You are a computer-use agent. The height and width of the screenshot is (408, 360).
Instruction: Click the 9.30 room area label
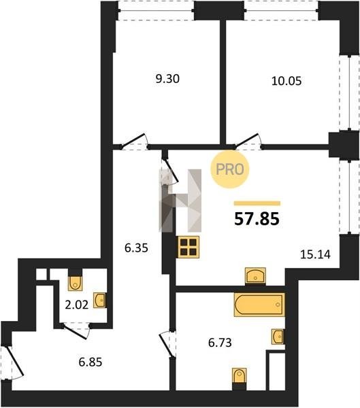pos(167,79)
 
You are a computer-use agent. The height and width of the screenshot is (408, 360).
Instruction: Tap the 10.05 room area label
pos(287,81)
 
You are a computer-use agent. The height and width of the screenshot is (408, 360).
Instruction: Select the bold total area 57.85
pos(257,219)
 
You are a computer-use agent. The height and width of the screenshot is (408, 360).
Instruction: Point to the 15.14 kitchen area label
pos(315,254)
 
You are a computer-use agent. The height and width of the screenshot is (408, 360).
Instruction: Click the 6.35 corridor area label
pos(136,248)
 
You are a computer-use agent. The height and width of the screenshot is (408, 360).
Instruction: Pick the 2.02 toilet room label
pos(77,305)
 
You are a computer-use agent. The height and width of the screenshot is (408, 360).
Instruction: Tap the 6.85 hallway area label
pos(91,362)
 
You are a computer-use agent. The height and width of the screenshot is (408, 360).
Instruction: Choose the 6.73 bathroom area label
pos(220,343)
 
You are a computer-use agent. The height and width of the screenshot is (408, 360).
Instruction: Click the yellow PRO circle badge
pos(230,169)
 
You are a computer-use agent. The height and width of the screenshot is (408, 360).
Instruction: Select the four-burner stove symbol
pos(188,247)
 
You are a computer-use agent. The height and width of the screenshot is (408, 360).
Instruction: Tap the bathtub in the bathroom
pos(259,305)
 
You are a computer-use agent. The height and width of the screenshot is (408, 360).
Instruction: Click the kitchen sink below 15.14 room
pos(255,275)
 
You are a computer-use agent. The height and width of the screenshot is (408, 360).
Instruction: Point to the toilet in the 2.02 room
pos(76,282)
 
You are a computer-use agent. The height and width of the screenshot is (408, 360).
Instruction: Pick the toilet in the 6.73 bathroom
pos(239,377)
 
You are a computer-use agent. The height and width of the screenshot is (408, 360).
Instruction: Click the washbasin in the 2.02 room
pos(100,301)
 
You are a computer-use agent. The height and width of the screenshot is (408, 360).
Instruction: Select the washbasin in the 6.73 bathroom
pos(278,337)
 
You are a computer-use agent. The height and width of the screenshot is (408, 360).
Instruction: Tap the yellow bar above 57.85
pos(257,203)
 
